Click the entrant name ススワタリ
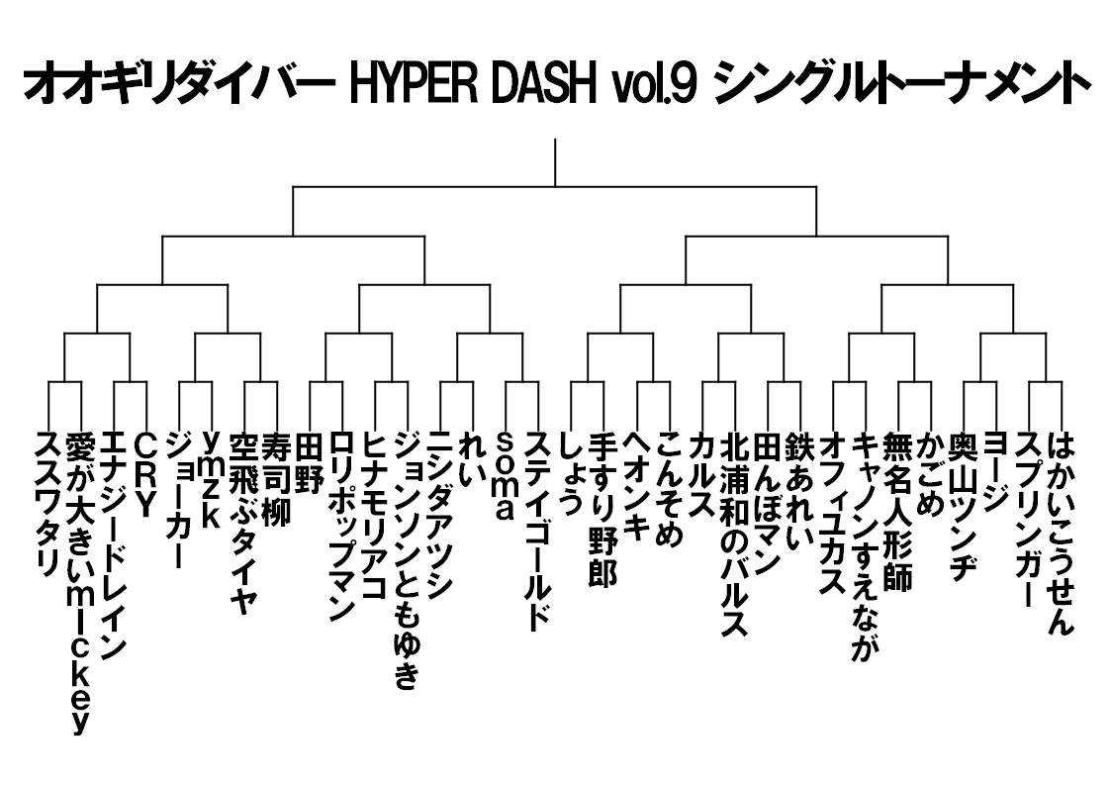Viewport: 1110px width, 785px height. point(48,504)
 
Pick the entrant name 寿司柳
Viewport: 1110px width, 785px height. point(276,480)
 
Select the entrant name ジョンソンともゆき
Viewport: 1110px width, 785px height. point(407,560)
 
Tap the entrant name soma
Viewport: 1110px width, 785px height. point(505,475)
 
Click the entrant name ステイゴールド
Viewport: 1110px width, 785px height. point(538,530)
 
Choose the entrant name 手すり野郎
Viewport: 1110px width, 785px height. point(603,510)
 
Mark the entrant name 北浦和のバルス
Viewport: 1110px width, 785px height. point(734,535)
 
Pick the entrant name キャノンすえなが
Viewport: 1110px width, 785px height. point(865,546)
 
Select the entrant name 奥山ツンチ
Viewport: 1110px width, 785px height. point(963,506)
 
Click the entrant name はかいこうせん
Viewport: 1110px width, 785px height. point(1061,533)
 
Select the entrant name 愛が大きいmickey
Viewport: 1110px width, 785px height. point(80,583)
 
